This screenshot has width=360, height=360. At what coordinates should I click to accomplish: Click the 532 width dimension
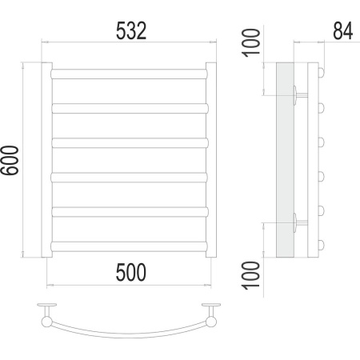(x=131, y=31)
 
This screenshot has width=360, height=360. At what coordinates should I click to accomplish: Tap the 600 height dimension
(x=10, y=160)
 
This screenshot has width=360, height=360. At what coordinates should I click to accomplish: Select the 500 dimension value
(x=131, y=272)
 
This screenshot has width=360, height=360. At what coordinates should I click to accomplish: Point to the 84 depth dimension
(x=343, y=31)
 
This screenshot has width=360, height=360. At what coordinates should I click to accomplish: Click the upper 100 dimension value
(x=250, y=42)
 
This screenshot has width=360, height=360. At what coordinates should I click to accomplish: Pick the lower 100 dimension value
(x=250, y=275)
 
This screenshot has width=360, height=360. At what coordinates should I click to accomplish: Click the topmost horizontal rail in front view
(x=129, y=74)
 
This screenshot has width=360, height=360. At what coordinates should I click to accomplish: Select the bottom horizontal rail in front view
(x=129, y=246)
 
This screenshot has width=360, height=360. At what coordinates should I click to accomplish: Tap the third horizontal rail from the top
(x=130, y=143)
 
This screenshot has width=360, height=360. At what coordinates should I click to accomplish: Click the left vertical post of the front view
(x=46, y=160)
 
